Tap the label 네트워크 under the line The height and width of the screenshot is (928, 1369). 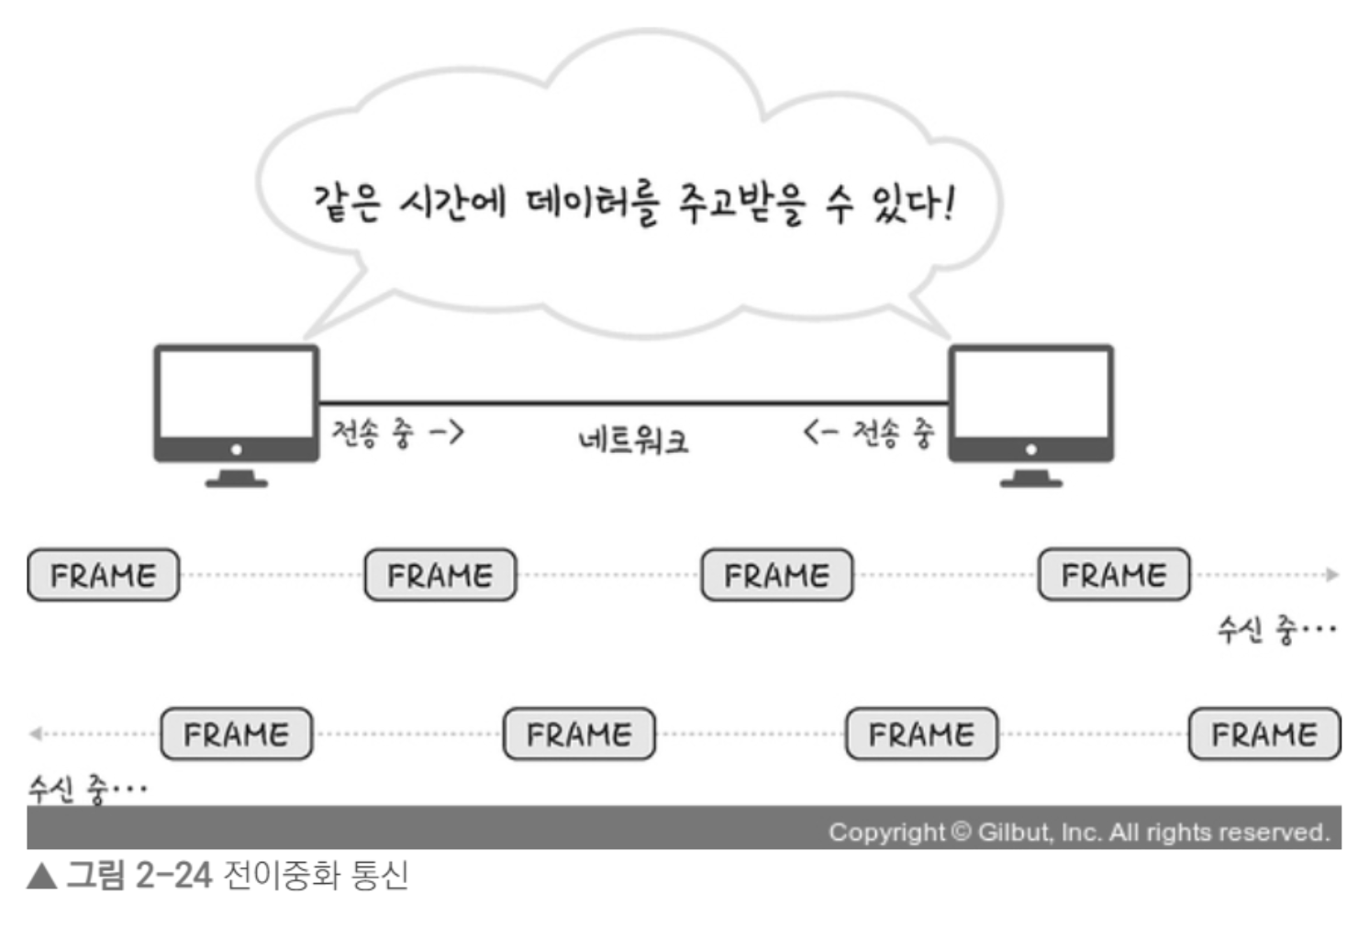[x=632, y=441]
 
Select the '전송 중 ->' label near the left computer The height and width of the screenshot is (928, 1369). [x=397, y=431]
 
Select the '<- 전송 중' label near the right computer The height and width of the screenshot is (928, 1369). [x=868, y=432]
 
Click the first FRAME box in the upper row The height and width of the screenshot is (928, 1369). [x=103, y=575]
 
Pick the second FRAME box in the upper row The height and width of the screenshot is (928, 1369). [x=440, y=575]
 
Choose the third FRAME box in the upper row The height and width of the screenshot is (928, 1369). [x=776, y=575]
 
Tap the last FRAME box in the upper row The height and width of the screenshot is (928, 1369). [x=1113, y=575]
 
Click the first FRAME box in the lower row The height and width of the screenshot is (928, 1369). [x=236, y=734]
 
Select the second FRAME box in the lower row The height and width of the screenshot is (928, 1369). [x=579, y=734]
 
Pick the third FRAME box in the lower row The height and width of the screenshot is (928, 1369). [x=921, y=734]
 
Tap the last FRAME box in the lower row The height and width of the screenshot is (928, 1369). [x=1263, y=734]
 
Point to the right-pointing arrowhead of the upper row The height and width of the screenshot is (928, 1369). [x=1332, y=575]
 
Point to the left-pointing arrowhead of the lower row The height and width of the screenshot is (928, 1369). [x=35, y=734]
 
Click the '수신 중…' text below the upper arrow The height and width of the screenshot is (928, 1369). [x=1275, y=630]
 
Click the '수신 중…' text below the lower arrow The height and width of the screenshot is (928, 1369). [x=87, y=788]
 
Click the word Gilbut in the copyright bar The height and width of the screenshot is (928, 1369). [x=1013, y=833]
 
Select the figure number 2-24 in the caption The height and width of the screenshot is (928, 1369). [x=173, y=876]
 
